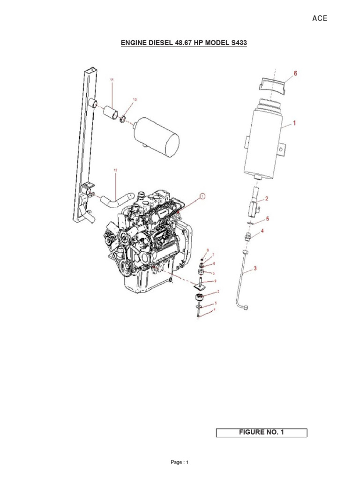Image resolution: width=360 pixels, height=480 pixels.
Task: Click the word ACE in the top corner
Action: pyautogui.click(x=320, y=19)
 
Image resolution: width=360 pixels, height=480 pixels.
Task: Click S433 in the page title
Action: pyautogui.click(x=236, y=43)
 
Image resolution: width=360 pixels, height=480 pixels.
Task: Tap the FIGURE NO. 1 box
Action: pyautogui.click(x=261, y=432)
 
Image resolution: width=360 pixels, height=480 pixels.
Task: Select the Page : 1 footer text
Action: pyautogui.click(x=180, y=463)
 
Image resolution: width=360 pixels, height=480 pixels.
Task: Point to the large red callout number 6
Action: pyautogui.click(x=295, y=73)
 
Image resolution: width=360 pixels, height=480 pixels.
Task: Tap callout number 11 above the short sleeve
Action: pyautogui.click(x=112, y=80)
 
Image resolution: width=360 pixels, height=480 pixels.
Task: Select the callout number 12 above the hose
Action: pyautogui.click(x=115, y=170)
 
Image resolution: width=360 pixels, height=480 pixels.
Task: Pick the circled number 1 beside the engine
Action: pyautogui.click(x=202, y=196)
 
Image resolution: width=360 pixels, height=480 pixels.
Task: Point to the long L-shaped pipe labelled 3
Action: pyautogui.click(x=241, y=281)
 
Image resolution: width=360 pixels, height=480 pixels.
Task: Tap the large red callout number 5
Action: pyautogui.click(x=267, y=218)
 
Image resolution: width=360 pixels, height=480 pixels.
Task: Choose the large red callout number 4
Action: pyautogui.click(x=262, y=231)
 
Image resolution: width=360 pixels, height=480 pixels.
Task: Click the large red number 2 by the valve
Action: pyautogui.click(x=266, y=198)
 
